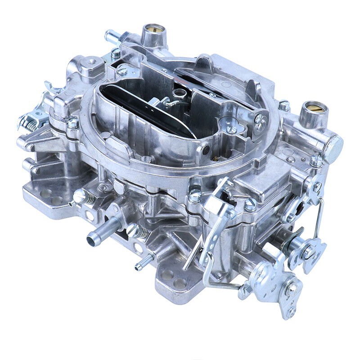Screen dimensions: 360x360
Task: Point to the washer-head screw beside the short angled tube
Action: point(116,53)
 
